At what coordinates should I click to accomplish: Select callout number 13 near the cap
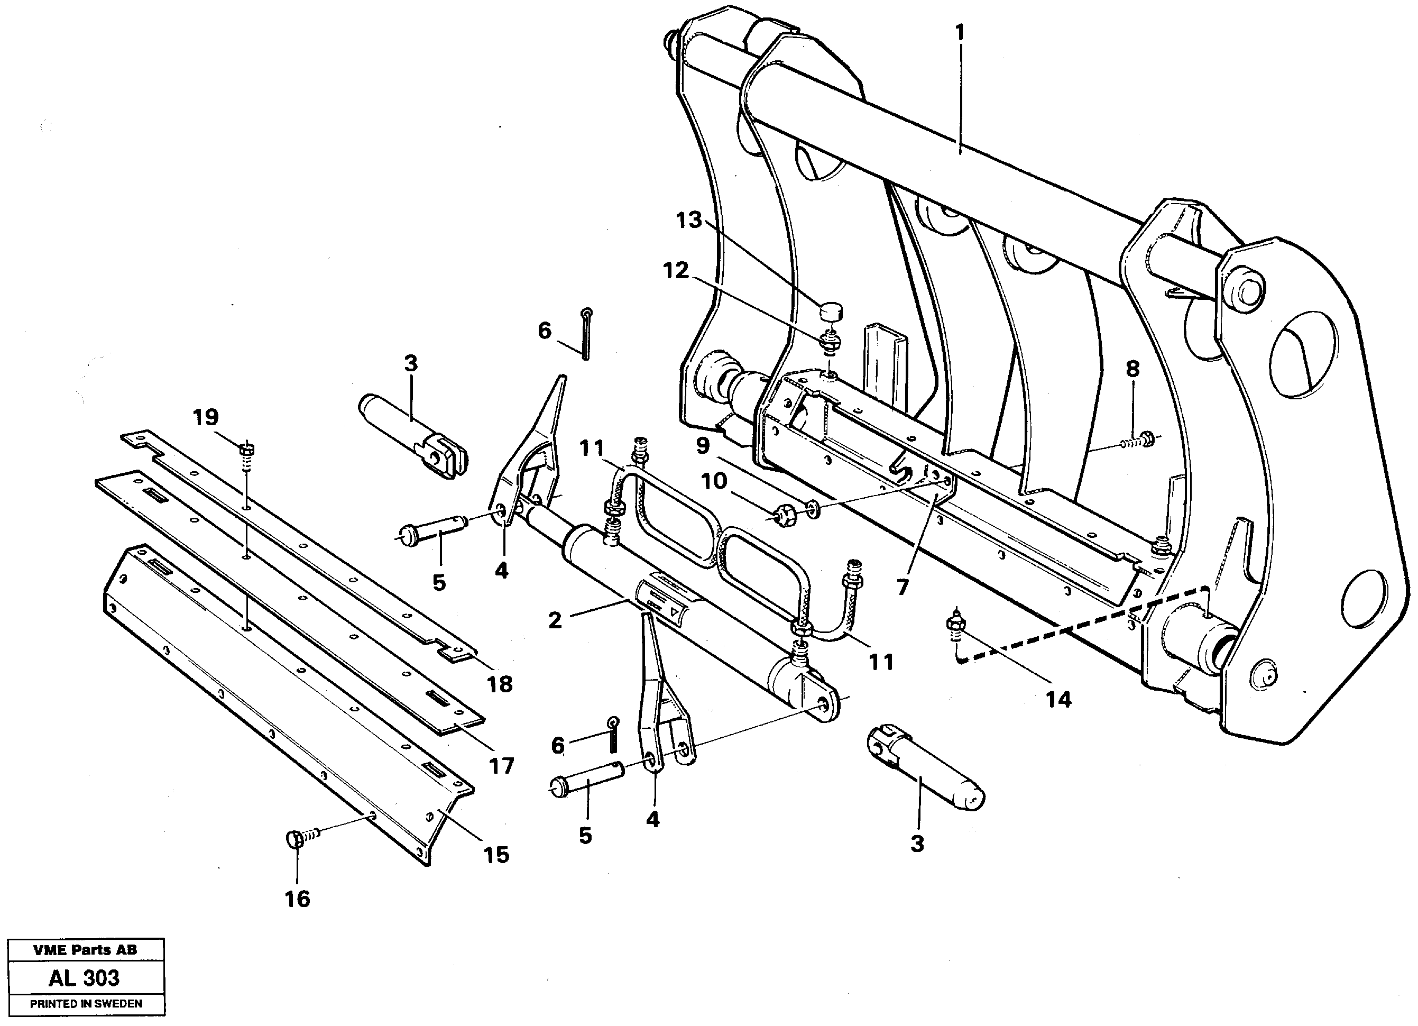689,220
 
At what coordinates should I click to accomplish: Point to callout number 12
676,270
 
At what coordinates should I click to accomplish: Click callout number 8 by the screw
1132,369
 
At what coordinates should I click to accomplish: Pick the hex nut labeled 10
781,516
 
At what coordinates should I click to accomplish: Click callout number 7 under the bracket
901,587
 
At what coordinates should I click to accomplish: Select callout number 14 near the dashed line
1058,699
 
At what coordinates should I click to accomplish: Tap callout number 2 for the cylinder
555,620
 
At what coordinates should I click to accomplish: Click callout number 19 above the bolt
206,417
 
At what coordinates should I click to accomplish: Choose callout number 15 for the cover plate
496,855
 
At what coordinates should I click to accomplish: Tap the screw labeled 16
298,839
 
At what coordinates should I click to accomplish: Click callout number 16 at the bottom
297,899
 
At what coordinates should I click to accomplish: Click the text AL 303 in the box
85,978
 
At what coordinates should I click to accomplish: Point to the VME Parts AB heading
85,950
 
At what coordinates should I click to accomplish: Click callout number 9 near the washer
703,446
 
